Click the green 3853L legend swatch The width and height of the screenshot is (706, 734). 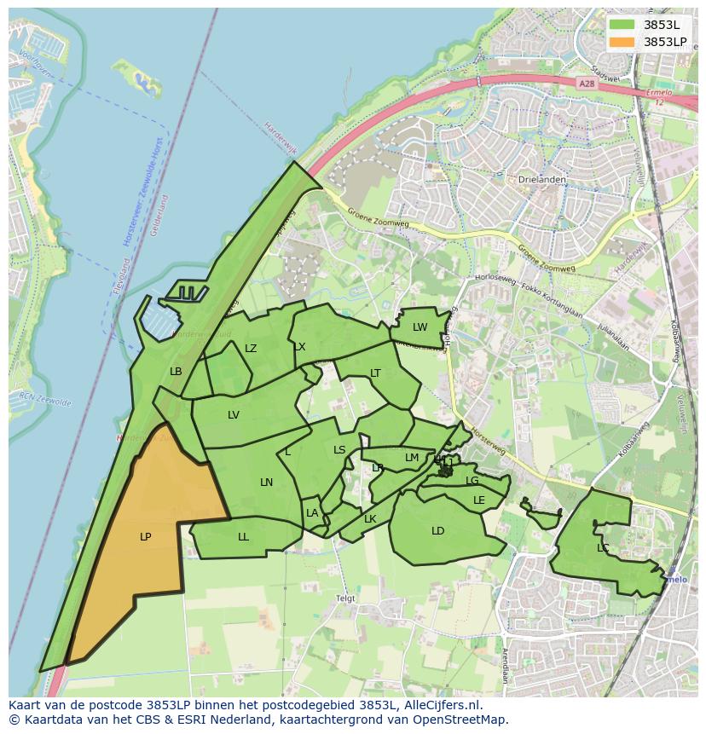click(x=622, y=25)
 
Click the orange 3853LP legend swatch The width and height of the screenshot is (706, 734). click(x=622, y=42)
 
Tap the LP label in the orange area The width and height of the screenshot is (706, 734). click(x=146, y=537)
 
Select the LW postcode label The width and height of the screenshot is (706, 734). click(x=420, y=327)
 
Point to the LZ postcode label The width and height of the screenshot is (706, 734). click(x=251, y=349)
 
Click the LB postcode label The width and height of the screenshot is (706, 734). click(x=176, y=372)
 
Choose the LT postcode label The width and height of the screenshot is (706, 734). click(x=375, y=373)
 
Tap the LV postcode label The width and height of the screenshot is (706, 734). click(x=234, y=415)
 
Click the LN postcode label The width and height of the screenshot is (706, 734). click(x=267, y=483)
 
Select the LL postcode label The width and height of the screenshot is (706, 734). click(x=244, y=537)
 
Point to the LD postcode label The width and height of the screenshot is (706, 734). click(x=438, y=531)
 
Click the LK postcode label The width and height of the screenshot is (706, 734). click(x=370, y=519)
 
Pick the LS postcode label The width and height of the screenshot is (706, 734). click(x=339, y=450)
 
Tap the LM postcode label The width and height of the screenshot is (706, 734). click(x=412, y=458)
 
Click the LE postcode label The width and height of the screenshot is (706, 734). click(x=479, y=500)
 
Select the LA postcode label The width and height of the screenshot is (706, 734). click(x=312, y=513)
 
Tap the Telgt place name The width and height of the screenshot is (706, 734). click(x=345, y=598)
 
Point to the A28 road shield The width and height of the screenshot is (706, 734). click(x=586, y=84)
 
